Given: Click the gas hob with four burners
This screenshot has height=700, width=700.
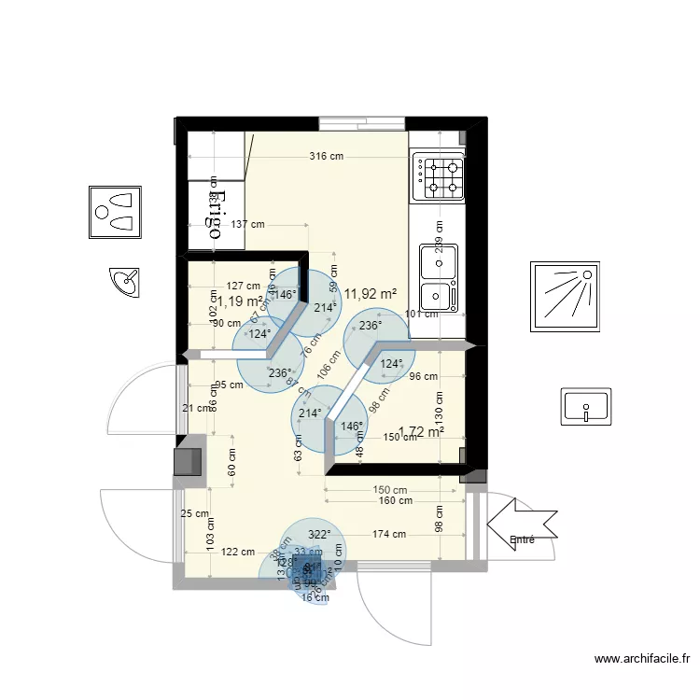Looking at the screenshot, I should pos(439,176).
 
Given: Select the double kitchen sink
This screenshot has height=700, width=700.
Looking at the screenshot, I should pos(438,276).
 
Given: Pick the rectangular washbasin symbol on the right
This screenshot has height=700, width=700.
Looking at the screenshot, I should pos(585,407).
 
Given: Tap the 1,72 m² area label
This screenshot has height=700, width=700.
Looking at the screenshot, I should pos(421,432).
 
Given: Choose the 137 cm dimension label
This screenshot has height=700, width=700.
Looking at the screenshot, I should pos(247,224).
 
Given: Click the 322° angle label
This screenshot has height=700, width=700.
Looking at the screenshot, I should pos(319,535).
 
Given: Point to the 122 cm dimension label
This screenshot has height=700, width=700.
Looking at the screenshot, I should pos(238,552).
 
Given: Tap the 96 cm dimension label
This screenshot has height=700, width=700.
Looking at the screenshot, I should pos(423,377).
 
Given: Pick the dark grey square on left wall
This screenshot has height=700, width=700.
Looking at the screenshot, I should pos(187,460).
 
